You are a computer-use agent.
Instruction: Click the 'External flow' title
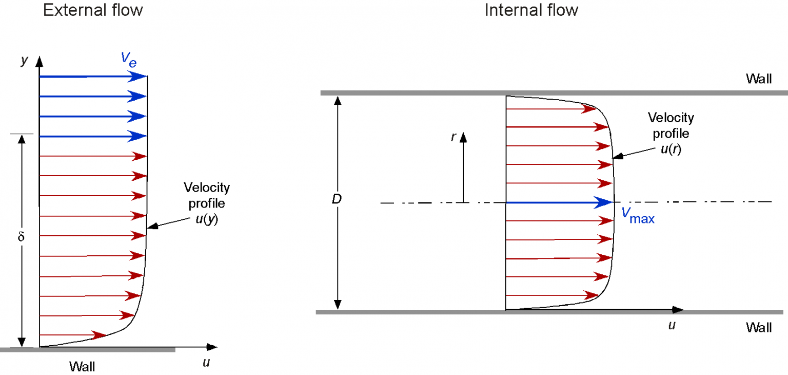[93, 10]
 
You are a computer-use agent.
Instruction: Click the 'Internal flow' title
[531, 10]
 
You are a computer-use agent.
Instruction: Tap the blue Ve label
[129, 58]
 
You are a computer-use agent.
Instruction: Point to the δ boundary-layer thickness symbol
[21, 238]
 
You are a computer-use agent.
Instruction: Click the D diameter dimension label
[337, 199]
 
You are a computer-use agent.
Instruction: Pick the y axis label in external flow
[24, 61]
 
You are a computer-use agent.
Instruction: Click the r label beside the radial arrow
[453, 138]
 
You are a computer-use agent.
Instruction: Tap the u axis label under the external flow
[206, 363]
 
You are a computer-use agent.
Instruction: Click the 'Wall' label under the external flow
[82, 366]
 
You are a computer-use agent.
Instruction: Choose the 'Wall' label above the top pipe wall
[759, 79]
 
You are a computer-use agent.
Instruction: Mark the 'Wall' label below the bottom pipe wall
[759, 327]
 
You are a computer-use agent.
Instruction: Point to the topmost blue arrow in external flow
[92, 77]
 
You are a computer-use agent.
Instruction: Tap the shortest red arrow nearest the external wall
[72, 335]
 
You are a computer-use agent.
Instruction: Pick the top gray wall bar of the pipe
[554, 93]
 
